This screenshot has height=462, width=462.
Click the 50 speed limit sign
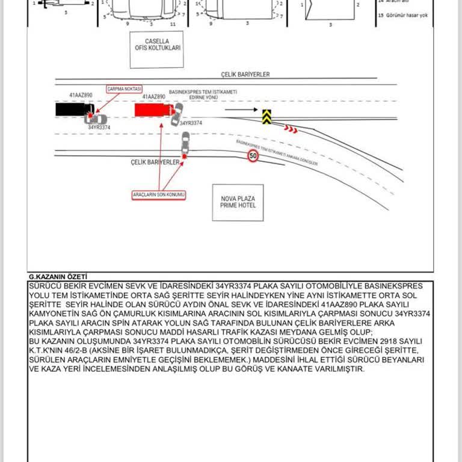tap(253, 156)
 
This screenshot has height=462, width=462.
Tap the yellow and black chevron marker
tap(266, 116)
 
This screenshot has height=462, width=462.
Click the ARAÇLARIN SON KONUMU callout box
tap(159, 195)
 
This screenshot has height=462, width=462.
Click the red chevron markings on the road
tap(291, 128)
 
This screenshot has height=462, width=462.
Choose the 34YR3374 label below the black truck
tap(99, 128)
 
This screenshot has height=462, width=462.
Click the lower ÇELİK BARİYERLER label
tap(155, 162)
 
